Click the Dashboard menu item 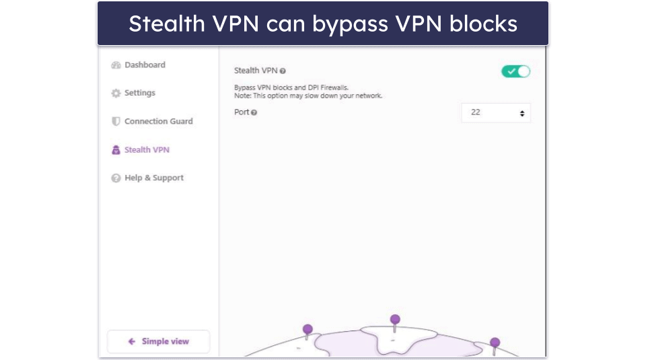click(144, 65)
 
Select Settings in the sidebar click(139, 94)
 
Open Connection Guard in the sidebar click(158, 122)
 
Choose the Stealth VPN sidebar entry click(147, 150)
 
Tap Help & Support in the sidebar click(153, 178)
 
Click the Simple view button click(158, 342)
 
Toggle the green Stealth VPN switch click(515, 71)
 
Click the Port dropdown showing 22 click(496, 113)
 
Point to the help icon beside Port click(254, 113)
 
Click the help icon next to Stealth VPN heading click(283, 71)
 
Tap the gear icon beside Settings click(116, 94)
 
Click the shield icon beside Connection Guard click(116, 122)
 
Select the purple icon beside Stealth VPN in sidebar click(116, 150)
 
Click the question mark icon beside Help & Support click(116, 178)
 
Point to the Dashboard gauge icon click(116, 65)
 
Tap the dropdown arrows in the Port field click(522, 114)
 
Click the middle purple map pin click(395, 320)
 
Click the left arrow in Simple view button click(132, 342)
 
